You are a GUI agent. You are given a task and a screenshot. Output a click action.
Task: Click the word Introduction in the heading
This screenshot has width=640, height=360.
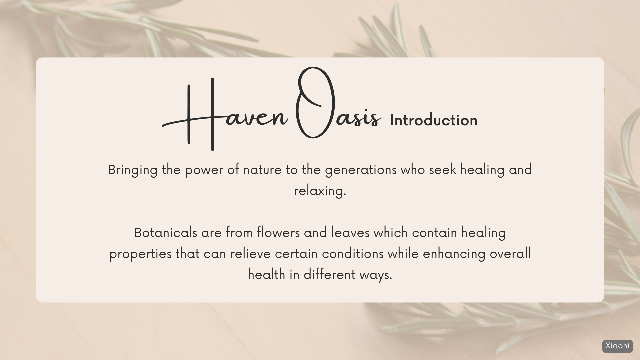[x=434, y=120]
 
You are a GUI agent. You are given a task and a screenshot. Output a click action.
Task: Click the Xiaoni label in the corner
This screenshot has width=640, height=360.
[x=617, y=346]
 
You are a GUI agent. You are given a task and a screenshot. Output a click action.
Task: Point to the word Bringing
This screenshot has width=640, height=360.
[x=133, y=170]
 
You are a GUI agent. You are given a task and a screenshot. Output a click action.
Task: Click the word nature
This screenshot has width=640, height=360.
[x=262, y=170]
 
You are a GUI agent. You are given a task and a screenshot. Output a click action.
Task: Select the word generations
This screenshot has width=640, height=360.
[x=361, y=170]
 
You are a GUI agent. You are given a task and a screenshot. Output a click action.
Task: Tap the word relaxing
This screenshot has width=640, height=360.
[x=320, y=191]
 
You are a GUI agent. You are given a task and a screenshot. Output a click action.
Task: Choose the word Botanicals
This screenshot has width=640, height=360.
[x=166, y=233]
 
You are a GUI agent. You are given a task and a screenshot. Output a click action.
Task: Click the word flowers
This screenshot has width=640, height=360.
[x=278, y=233]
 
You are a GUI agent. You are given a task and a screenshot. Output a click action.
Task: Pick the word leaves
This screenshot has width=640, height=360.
[x=350, y=233]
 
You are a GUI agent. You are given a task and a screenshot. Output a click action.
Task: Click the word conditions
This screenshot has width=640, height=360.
[x=353, y=254]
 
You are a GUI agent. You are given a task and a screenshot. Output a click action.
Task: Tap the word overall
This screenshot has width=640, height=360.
[x=510, y=254]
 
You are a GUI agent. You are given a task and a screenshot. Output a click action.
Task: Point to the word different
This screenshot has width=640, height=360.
[x=329, y=275]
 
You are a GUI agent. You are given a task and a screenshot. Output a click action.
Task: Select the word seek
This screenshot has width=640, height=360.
[x=443, y=170]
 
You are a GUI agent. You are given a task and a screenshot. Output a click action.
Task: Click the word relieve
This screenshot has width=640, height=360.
[x=250, y=254]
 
